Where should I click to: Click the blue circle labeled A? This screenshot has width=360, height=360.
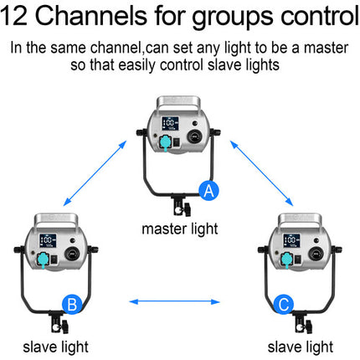click(208, 191)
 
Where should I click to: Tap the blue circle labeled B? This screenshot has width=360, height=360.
click(72, 304)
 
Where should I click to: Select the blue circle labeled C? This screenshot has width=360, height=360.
click(284, 304)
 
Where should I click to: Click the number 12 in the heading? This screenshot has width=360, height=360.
click(14, 15)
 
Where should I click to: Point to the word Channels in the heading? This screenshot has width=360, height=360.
click(91, 15)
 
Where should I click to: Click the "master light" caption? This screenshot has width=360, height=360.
click(180, 229)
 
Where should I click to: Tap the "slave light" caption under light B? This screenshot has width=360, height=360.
click(55, 347)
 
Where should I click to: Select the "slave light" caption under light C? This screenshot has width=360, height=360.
click(301, 347)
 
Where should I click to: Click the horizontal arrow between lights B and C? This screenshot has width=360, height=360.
click(175, 301)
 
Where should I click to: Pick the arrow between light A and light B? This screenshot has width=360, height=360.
click(95, 173)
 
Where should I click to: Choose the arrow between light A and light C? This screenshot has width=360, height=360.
click(261, 173)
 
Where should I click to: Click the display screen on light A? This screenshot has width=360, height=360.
click(170, 123)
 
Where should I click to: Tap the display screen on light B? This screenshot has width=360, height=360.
click(48, 241)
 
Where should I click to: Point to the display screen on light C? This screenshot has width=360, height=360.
click(291, 241)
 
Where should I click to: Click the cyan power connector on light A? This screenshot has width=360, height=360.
click(165, 143)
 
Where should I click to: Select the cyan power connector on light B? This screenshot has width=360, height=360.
click(43, 260)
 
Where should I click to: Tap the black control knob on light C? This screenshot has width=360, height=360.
click(316, 254)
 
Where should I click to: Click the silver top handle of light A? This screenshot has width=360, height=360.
click(178, 103)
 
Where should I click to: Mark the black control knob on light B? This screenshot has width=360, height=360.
click(72, 254)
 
